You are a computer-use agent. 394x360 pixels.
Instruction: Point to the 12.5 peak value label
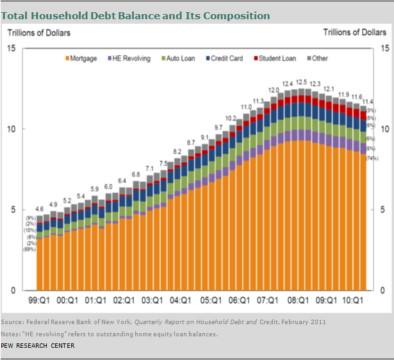(300, 83)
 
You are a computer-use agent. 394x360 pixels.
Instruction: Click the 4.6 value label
(40, 209)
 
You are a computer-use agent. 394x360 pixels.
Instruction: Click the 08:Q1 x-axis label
(295, 299)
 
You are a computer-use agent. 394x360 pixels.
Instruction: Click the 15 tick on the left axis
(12, 48)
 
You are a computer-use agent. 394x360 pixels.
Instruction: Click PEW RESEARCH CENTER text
(37, 346)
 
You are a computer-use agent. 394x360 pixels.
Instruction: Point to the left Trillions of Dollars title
(38, 33)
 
